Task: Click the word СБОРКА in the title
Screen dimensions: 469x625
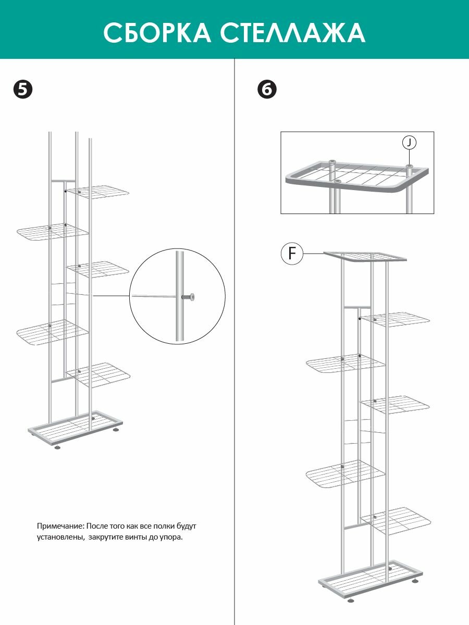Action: click(x=157, y=33)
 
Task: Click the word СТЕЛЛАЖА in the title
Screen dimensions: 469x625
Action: click(x=293, y=33)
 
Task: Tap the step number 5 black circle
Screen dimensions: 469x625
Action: click(x=23, y=90)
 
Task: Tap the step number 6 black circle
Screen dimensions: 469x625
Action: click(x=267, y=90)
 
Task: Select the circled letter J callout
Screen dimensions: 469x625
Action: click(x=409, y=143)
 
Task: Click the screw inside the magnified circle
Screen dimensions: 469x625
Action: click(x=188, y=297)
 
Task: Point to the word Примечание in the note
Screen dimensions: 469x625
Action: click(x=60, y=526)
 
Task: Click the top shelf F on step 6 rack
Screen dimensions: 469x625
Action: click(x=365, y=256)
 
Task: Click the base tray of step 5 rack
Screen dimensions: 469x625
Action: click(x=75, y=429)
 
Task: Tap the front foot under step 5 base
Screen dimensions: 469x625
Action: click(x=58, y=447)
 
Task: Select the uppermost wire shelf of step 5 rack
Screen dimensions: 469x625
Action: click(x=98, y=192)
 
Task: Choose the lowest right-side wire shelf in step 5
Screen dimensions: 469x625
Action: click(x=98, y=374)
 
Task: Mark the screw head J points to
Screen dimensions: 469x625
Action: click(x=409, y=166)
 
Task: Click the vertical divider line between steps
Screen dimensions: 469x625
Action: click(x=234, y=342)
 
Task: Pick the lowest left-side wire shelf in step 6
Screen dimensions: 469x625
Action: click(x=346, y=474)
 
